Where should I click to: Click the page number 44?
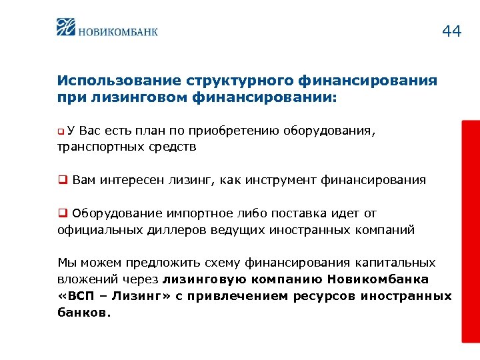click(x=451, y=31)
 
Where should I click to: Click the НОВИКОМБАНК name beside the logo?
click(x=118, y=30)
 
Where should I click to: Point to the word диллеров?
click(x=168, y=230)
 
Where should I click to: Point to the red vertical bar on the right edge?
click(x=470, y=233)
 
